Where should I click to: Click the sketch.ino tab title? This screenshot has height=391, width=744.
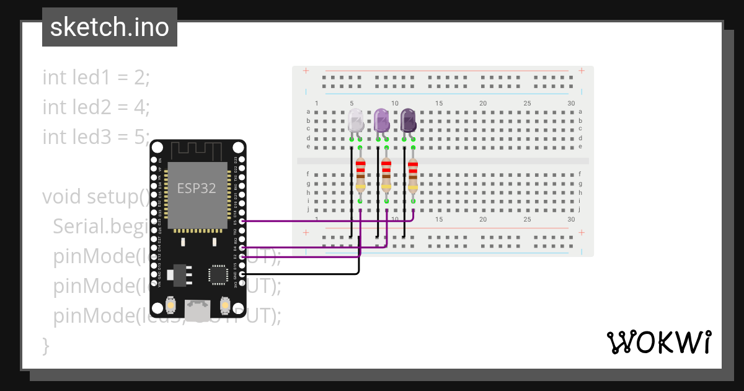click(x=110, y=27)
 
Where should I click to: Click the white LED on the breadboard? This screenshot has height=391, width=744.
click(x=356, y=120)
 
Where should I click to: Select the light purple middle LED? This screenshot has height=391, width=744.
click(x=382, y=120)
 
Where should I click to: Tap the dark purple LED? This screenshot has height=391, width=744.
click(x=408, y=120)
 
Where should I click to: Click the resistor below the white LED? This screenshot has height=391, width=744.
click(x=360, y=175)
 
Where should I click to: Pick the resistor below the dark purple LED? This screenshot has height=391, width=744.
click(x=413, y=175)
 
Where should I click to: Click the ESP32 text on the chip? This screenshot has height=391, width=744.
click(x=197, y=189)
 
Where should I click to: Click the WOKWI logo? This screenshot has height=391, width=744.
click(x=658, y=343)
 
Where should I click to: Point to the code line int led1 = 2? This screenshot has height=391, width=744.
click(x=96, y=78)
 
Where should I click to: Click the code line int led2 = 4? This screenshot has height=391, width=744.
click(x=96, y=107)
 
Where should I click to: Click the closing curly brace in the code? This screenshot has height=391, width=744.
click(x=45, y=345)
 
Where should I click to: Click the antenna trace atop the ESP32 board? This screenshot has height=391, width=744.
click(x=197, y=150)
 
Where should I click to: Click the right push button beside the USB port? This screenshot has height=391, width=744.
click(x=224, y=305)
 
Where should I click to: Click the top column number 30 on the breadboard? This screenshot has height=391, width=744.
click(x=570, y=103)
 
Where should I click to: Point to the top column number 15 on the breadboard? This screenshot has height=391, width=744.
click(x=438, y=103)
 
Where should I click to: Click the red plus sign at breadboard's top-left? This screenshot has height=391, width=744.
click(x=306, y=71)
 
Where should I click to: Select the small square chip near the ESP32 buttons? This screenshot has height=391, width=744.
click(x=218, y=274)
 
